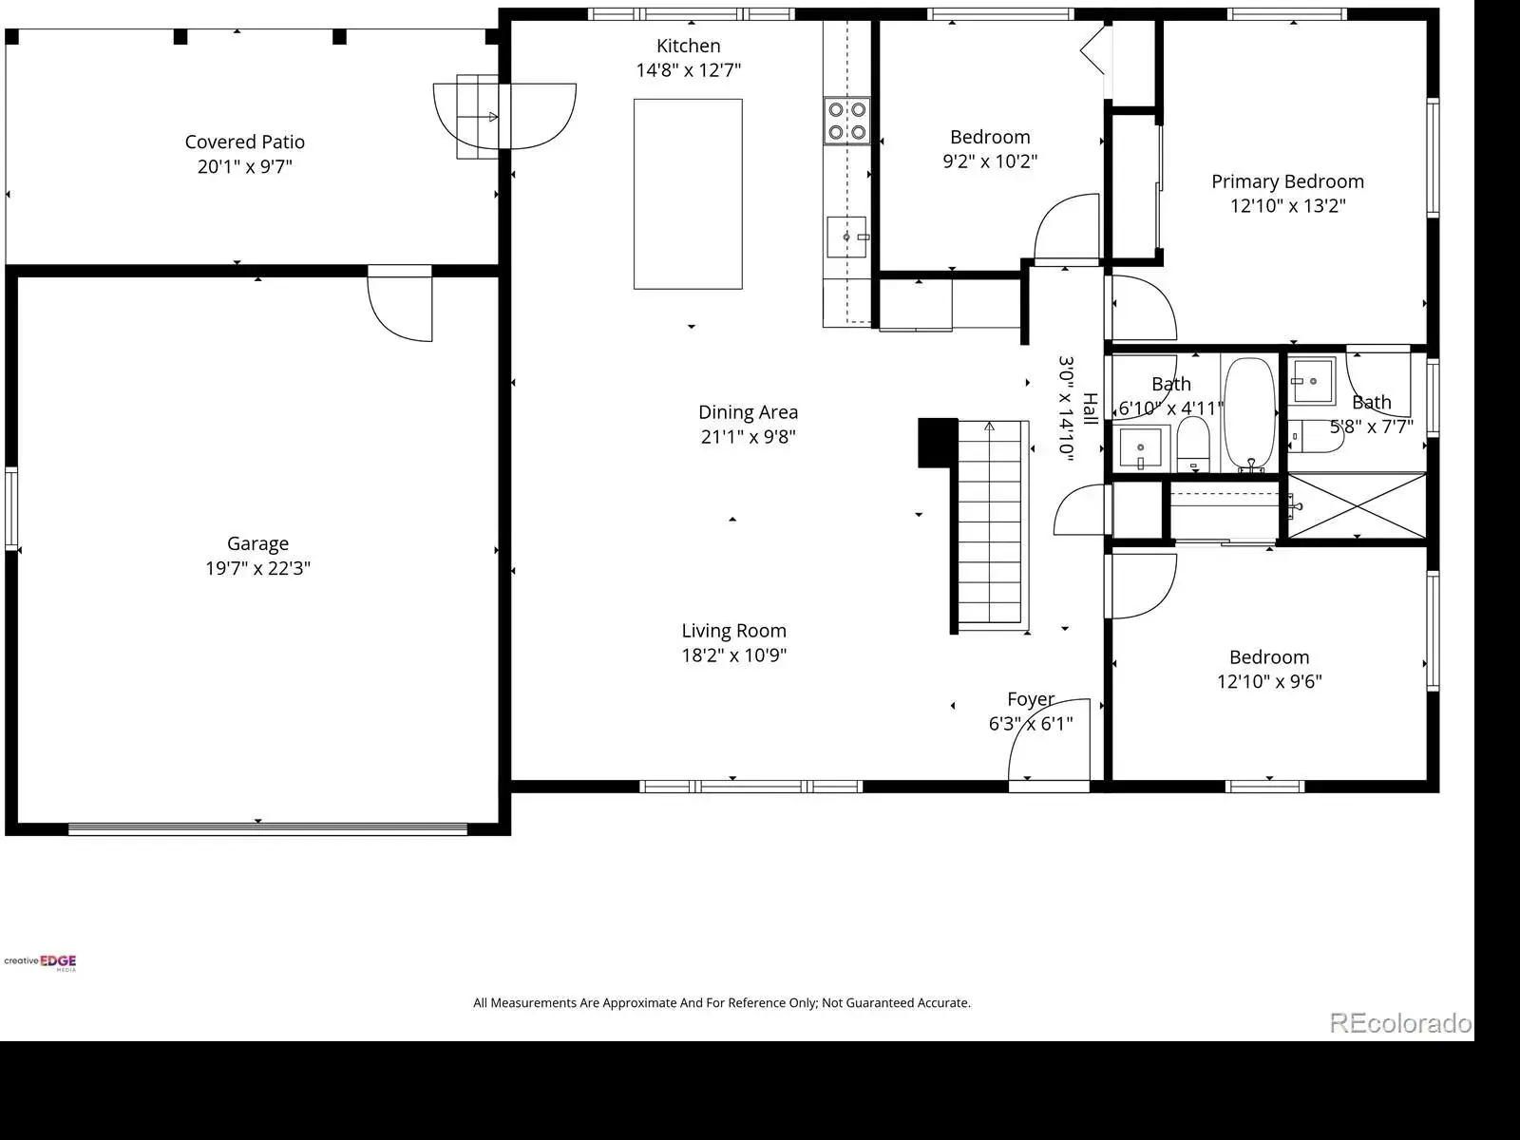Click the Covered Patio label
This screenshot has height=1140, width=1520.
click(x=244, y=142)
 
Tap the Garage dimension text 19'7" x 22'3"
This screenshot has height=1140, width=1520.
click(x=257, y=568)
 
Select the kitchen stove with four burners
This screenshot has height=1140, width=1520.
click(x=846, y=121)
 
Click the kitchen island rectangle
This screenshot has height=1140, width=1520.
click(x=688, y=194)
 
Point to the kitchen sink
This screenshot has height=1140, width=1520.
click(x=846, y=237)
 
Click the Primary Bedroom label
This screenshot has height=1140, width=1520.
click(x=1287, y=181)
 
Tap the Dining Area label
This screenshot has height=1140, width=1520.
click(x=748, y=412)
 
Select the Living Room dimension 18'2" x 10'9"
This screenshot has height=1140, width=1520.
click(x=734, y=655)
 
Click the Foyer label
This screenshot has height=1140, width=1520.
click(x=1031, y=699)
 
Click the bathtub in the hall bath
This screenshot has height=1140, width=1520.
click(x=1249, y=414)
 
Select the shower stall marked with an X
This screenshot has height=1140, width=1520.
click(x=1357, y=506)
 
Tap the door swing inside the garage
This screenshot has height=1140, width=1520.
click(x=400, y=305)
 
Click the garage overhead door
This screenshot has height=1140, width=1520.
click(x=267, y=828)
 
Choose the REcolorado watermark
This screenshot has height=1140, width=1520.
click(x=1400, y=1023)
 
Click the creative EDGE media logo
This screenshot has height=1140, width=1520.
click(x=40, y=962)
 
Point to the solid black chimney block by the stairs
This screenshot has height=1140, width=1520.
click(x=938, y=443)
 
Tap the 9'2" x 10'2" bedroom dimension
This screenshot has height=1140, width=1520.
click(x=990, y=161)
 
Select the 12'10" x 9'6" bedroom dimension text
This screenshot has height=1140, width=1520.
click(x=1269, y=681)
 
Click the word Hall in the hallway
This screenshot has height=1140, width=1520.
click(x=1090, y=408)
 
